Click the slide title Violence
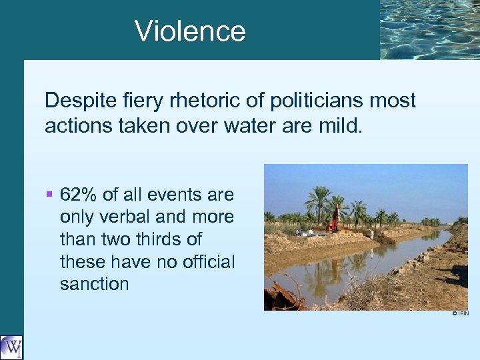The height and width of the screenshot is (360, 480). [x=190, y=31]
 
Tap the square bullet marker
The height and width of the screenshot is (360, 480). [x=49, y=195]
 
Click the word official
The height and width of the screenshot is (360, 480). [x=203, y=262]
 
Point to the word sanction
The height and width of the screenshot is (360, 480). [x=94, y=284]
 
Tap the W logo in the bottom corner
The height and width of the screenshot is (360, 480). [x=11, y=347]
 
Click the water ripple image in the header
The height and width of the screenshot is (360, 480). [x=429, y=29]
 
